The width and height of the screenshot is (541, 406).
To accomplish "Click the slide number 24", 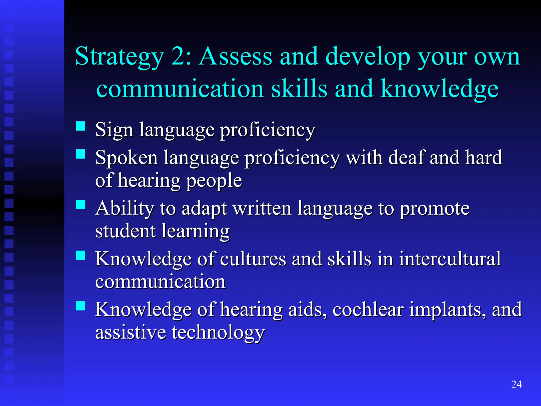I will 516,384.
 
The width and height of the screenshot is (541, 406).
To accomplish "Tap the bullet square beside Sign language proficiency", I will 81,126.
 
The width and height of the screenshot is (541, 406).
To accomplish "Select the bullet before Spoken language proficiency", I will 81,154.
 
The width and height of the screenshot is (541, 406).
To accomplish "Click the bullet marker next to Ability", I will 81,205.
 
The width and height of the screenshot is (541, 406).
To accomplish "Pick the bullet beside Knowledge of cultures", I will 81,255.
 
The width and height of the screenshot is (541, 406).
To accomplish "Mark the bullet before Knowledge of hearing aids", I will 81,306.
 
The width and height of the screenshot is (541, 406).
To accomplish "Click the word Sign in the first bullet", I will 114,130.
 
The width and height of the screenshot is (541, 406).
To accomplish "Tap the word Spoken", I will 127,158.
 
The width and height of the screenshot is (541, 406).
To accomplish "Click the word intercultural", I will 450,259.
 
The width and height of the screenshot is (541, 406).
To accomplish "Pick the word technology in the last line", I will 218,333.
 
